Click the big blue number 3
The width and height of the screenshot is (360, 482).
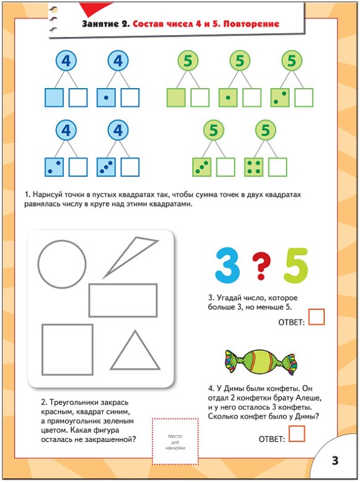[x=227, y=265]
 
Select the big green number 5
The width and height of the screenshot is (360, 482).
[x=296, y=266]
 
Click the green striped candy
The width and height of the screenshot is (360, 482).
[x=261, y=362]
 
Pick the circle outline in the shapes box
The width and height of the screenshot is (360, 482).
[x=38, y=264]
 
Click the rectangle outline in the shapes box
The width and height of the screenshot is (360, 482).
[x=123, y=284]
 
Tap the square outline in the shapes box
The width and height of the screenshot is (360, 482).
[x=42, y=350]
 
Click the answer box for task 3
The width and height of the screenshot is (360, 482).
[x=317, y=317]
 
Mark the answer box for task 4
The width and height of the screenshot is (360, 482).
[x=297, y=434]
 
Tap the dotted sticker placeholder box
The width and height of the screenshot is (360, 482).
[x=175, y=441]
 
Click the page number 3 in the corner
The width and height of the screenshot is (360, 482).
[x=335, y=460]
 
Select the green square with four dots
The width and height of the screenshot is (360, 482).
[x=254, y=167]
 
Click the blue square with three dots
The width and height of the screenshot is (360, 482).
[x=106, y=167]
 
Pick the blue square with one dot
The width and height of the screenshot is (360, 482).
[x=106, y=98]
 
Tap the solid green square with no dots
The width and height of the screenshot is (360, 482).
[x=176, y=98]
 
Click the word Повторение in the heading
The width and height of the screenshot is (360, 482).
[x=251, y=24]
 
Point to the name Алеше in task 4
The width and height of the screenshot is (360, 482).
[x=309, y=398]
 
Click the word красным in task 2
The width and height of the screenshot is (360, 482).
[x=57, y=412]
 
